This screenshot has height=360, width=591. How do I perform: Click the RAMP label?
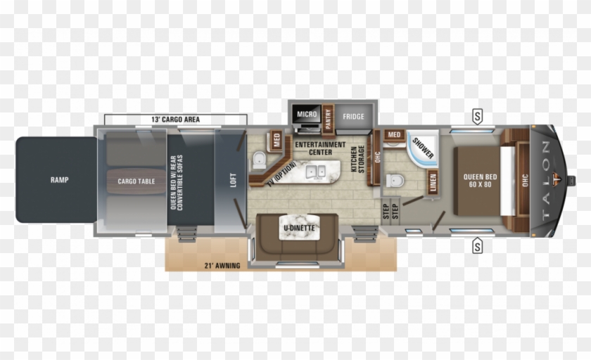coord(59,180)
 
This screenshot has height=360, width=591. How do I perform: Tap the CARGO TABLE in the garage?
coord(136,181)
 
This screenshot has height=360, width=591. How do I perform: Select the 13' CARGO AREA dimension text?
coord(175,120)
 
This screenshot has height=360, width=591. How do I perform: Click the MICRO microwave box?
coord(307,114)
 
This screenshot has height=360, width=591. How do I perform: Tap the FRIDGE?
coord(353,116)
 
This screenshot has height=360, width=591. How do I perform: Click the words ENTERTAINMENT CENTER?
coord(319,148)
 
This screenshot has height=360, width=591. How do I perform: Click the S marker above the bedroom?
coord(478,116)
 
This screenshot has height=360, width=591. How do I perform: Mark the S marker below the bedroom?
coord(478,246)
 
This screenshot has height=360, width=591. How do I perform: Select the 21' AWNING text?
coord(223,265)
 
